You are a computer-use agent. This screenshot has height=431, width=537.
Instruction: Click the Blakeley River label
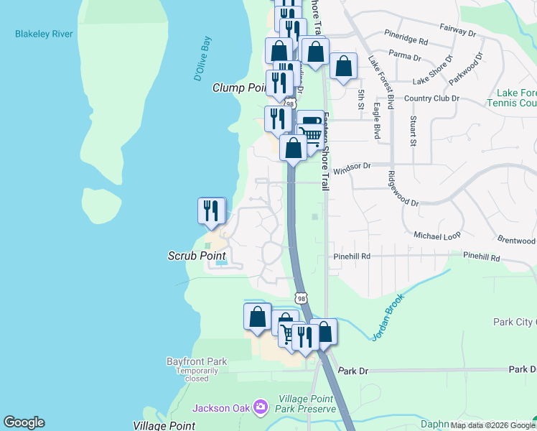pos(44,34)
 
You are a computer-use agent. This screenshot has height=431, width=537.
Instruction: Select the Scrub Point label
pos(197,256)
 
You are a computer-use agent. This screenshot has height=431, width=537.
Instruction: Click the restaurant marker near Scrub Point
pos(212,210)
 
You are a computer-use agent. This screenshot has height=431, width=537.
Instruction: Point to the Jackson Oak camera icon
pos(260,408)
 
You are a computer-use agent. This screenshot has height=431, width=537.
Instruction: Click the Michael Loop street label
pos(437,235)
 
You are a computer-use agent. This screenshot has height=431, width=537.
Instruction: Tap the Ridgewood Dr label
pos(402,188)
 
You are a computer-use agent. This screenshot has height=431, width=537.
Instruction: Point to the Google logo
pos(24,422)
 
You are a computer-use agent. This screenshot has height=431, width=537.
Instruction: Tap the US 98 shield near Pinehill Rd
pos(302,297)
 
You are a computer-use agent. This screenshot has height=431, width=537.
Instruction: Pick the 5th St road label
pos(361,100)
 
